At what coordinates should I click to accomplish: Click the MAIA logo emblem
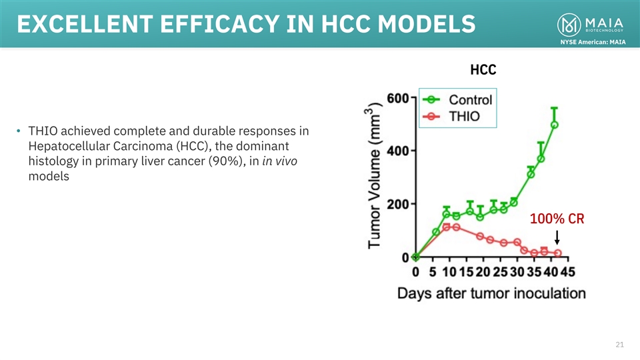pyautogui.click(x=568, y=25)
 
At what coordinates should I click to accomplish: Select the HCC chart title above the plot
pyautogui.click(x=483, y=70)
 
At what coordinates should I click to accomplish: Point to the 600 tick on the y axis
pyautogui.click(x=398, y=98)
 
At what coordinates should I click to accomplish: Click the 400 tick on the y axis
pyautogui.click(x=398, y=151)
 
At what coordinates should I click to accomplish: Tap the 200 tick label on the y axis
pyautogui.click(x=398, y=204)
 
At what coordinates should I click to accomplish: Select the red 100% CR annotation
pyautogui.click(x=557, y=219)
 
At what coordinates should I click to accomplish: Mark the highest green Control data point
pyautogui.click(x=555, y=125)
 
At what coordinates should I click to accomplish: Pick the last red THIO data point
pyautogui.click(x=558, y=253)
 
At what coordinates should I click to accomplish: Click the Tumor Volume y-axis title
pyautogui.click(x=377, y=177)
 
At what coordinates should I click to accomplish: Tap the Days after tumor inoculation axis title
pyautogui.click(x=492, y=293)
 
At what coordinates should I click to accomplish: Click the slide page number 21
pyautogui.click(x=619, y=345)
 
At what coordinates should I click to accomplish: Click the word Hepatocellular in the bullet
pyautogui.click(x=65, y=146)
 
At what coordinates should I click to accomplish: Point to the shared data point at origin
pyautogui.click(x=416, y=257)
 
